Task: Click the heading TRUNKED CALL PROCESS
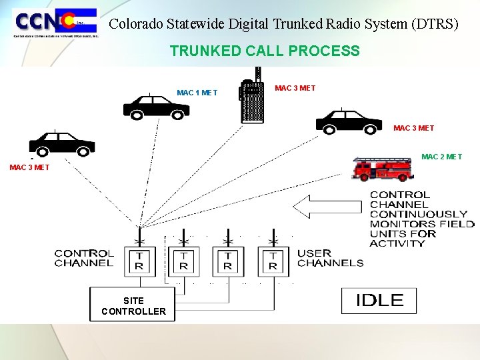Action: [x=265, y=51]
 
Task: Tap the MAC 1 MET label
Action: [x=197, y=93]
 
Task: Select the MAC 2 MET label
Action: [x=441, y=157]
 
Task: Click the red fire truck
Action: [x=383, y=169]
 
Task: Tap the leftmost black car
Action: [x=62, y=143]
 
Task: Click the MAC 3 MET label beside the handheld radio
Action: [x=295, y=88]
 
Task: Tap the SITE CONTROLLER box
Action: [x=133, y=305]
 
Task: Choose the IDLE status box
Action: [x=379, y=301]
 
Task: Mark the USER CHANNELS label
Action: [x=330, y=257]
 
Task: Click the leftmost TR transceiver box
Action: [x=139, y=261]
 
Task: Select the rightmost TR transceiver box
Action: [x=272, y=261]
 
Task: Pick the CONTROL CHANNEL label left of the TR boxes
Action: [x=84, y=258]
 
